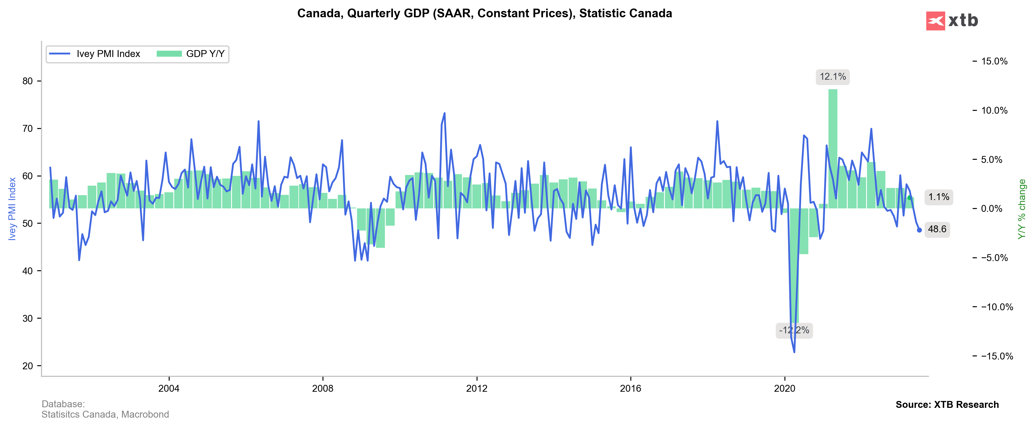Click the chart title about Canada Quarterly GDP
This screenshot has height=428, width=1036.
tap(484, 13)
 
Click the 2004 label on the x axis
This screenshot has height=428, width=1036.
tap(168, 388)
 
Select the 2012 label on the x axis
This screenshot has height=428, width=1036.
tap(477, 388)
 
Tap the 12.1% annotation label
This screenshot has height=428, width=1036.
tap(832, 77)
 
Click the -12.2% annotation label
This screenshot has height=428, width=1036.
tap(794, 330)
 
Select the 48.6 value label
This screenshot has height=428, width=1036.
tap(937, 229)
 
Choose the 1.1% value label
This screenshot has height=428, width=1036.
tap(939, 197)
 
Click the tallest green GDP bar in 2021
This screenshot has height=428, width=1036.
tap(833, 149)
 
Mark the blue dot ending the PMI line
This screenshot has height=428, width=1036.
tap(919, 230)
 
